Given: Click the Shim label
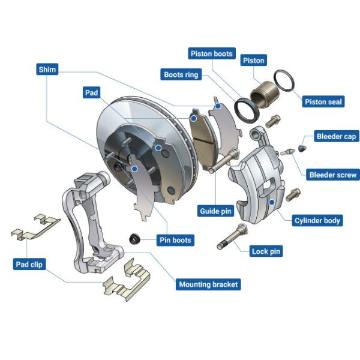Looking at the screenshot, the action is [47, 70].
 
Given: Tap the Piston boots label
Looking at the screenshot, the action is [212, 53].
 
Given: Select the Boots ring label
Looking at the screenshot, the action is [181, 74].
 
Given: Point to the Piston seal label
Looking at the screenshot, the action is [323, 101].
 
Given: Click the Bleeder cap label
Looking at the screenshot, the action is [337, 136].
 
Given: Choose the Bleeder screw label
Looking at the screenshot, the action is [333, 175].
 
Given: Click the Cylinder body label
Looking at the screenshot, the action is [317, 220].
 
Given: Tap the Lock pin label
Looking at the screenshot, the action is [266, 251].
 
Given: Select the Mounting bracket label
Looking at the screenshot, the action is [208, 284].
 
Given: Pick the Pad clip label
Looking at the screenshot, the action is [29, 264].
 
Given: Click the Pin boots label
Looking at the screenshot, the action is [175, 240].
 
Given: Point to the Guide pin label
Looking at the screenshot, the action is [215, 211].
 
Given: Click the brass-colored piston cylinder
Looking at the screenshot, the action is [265, 94].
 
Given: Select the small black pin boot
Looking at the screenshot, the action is [134, 239].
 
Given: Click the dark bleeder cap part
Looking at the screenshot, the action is [302, 148].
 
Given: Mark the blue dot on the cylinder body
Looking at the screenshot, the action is [272, 202].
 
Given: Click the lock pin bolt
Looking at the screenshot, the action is [232, 236].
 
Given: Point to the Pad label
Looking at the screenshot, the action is [91, 92].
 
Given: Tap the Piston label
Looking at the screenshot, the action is [253, 60].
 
